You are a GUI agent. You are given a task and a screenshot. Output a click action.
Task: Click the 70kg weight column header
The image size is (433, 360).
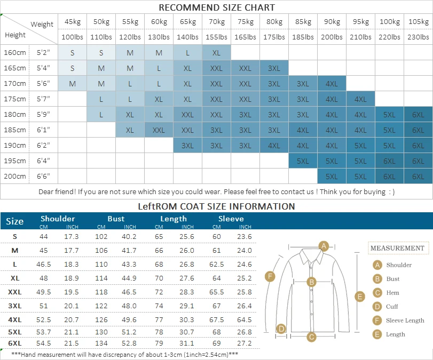[217, 21]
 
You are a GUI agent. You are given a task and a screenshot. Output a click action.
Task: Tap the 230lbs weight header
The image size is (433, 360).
[418, 37]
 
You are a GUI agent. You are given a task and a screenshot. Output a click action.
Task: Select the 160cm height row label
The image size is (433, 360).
[14, 52]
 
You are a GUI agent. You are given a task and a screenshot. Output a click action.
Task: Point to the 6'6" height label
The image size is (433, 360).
[43, 176]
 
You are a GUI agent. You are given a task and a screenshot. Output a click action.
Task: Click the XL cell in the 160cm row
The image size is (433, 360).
[217, 53]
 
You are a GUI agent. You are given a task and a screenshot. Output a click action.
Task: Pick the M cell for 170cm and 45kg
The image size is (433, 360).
[73, 84]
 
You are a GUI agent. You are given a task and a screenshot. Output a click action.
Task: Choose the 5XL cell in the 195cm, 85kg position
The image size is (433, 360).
[303, 161]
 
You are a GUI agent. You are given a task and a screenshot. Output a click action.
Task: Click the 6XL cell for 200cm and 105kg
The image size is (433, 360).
[418, 177]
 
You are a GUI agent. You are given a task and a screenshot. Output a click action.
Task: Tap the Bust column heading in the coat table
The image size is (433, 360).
[116, 219]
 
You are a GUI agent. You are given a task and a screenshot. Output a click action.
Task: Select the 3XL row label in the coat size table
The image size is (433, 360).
[14, 306]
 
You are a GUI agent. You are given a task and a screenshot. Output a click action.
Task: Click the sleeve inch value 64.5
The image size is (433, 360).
[245, 319]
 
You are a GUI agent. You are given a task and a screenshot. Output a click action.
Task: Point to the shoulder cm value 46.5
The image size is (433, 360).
[44, 265]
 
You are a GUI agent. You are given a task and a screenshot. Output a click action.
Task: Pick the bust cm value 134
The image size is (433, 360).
[101, 343]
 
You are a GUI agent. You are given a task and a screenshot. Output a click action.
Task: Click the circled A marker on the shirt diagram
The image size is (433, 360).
[324, 246]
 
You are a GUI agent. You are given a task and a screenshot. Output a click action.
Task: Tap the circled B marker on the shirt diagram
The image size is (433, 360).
[311, 282]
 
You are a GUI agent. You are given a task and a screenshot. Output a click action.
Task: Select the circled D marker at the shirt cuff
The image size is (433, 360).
[281, 329]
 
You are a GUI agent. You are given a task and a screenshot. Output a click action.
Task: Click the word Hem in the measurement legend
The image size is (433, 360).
[392, 293]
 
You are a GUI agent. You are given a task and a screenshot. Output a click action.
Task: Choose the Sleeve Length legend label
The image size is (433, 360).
[405, 321]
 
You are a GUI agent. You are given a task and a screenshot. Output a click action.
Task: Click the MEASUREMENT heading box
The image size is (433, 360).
[398, 248]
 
